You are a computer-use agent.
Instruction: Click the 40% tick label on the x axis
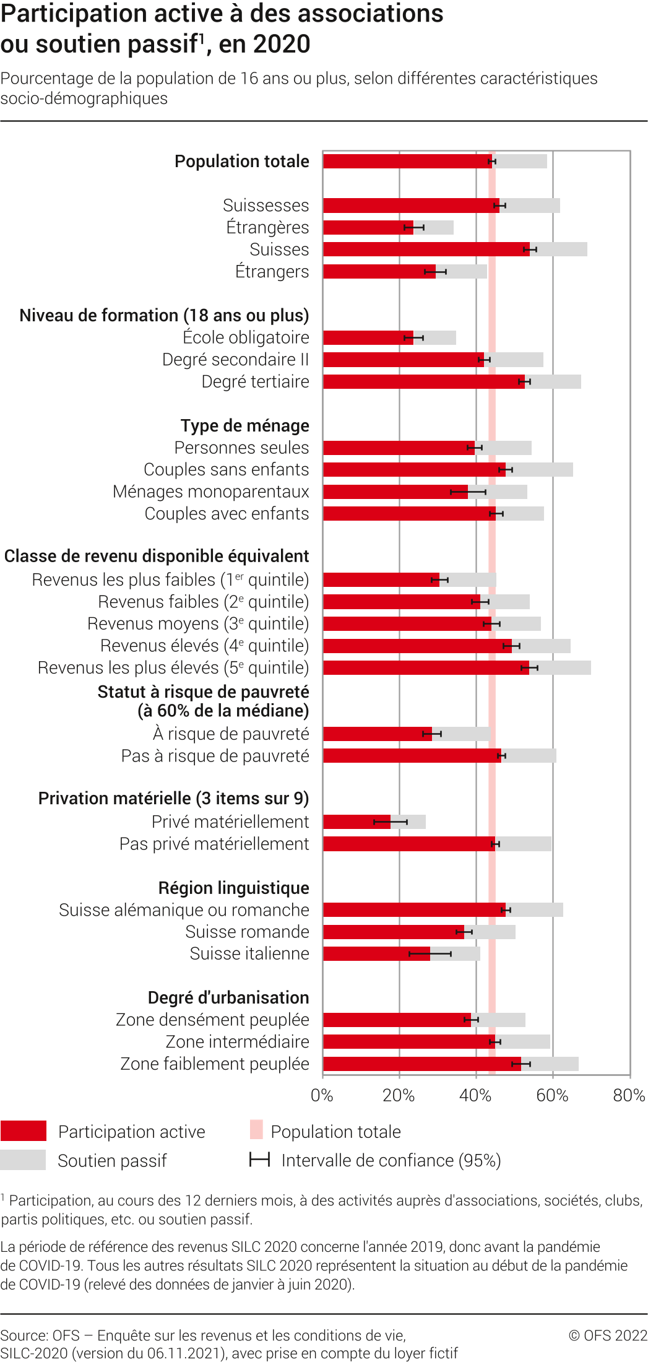(475, 1096)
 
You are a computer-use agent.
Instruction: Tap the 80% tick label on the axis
(629, 1096)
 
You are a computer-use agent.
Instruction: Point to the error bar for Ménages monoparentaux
(468, 492)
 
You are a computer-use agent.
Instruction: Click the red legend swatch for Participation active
(24, 1130)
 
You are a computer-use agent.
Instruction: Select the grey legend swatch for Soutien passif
(24, 1160)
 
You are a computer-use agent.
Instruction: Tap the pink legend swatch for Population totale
(256, 1130)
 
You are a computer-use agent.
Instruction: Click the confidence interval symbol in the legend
(259, 1160)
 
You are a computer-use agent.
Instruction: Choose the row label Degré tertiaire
(255, 382)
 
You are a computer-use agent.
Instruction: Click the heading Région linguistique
(233, 888)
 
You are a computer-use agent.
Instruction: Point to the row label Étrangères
(267, 228)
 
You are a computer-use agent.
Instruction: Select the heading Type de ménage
(244, 426)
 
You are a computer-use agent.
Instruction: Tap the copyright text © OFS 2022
(607, 1335)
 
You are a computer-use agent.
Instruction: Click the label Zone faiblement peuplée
(214, 1064)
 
